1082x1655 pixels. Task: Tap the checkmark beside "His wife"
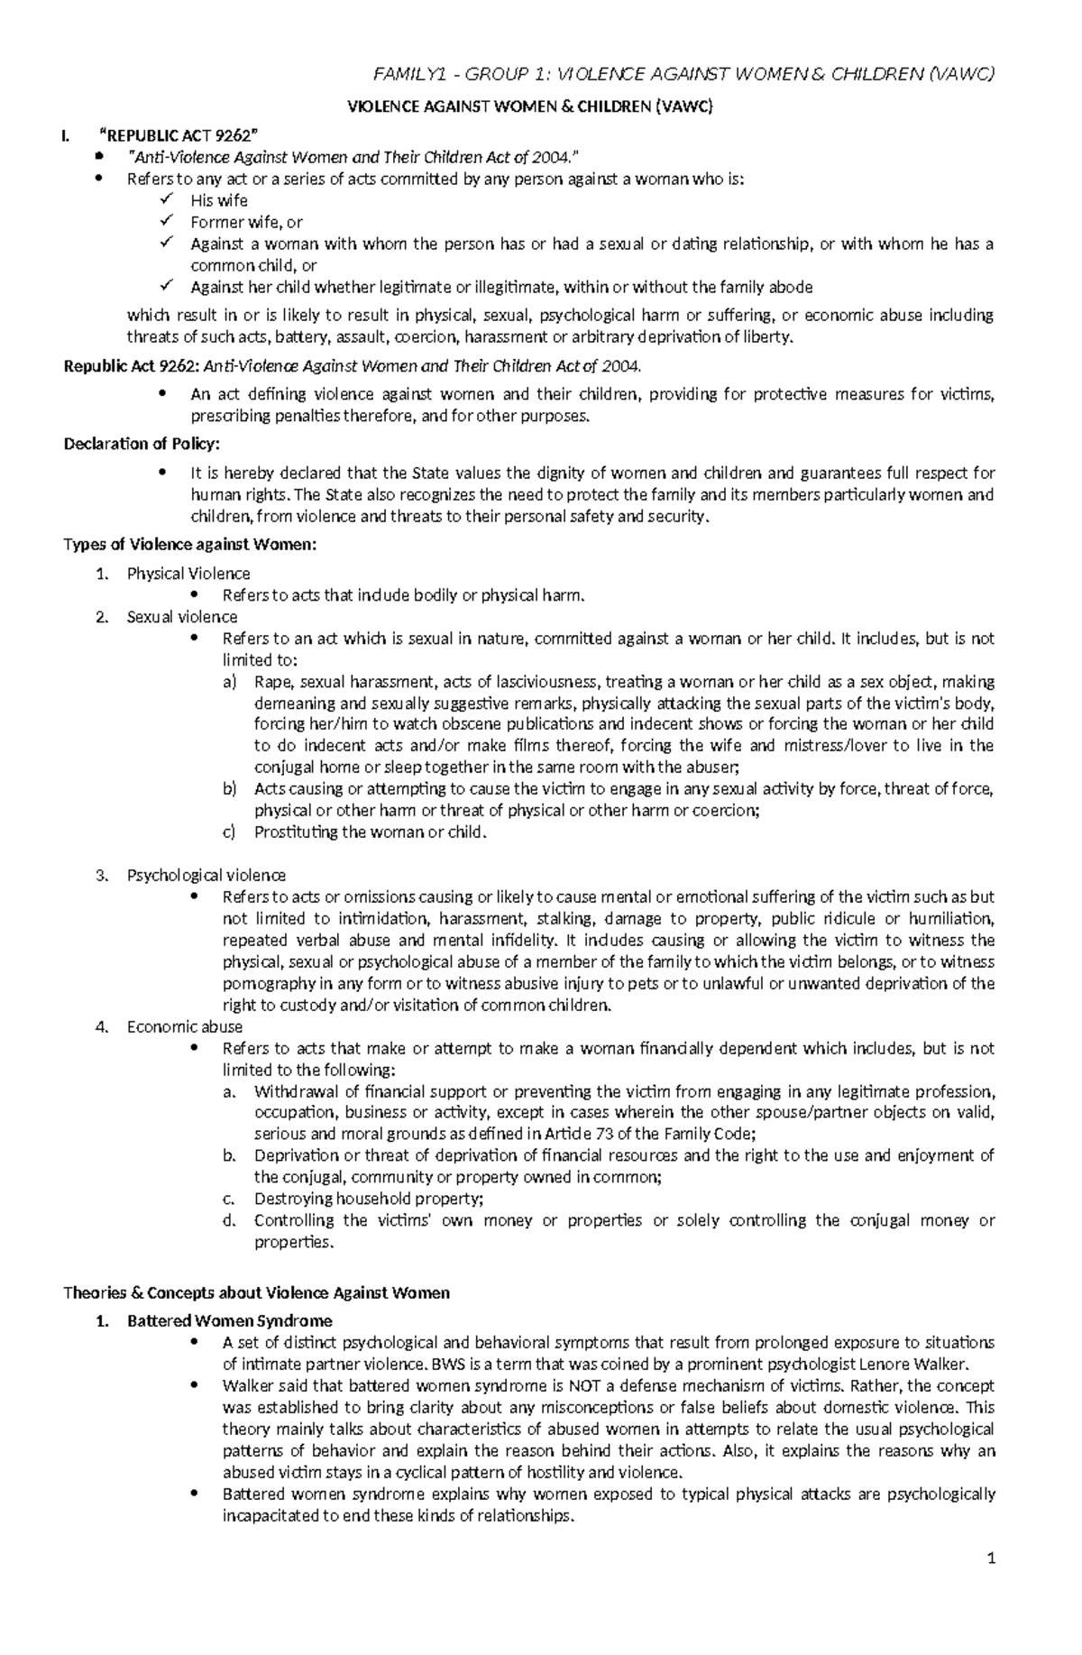click(x=164, y=199)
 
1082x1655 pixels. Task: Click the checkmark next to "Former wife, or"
click(x=164, y=221)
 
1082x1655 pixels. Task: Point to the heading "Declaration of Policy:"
click(x=142, y=444)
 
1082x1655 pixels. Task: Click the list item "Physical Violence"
click(x=188, y=574)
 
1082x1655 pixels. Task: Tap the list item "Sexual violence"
click(x=182, y=617)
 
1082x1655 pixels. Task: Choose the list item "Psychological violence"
click(x=206, y=875)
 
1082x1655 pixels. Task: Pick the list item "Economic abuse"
click(x=185, y=1026)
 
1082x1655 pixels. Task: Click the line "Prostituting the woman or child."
click(x=370, y=832)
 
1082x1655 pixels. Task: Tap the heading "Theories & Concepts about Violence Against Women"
click(x=256, y=1292)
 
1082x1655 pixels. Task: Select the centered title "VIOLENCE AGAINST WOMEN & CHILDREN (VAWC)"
click(x=530, y=107)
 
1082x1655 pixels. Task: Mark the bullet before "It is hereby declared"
click(x=163, y=474)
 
